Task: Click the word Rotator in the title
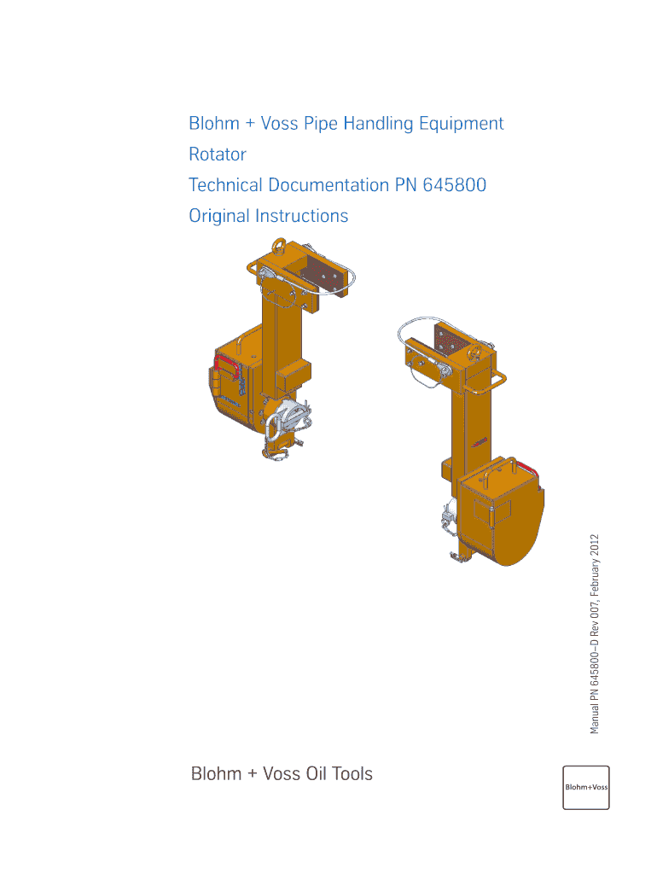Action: pyautogui.click(x=218, y=154)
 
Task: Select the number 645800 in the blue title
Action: pyautogui.click(x=454, y=185)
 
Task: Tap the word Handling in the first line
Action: pyautogui.click(x=378, y=124)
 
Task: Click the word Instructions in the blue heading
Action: pyautogui.click(x=301, y=216)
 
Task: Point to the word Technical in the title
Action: pyautogui.click(x=225, y=185)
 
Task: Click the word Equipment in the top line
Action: pyautogui.click(x=462, y=124)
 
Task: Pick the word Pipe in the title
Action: pyautogui.click(x=321, y=124)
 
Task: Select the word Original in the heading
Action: pyautogui.click(x=219, y=216)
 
